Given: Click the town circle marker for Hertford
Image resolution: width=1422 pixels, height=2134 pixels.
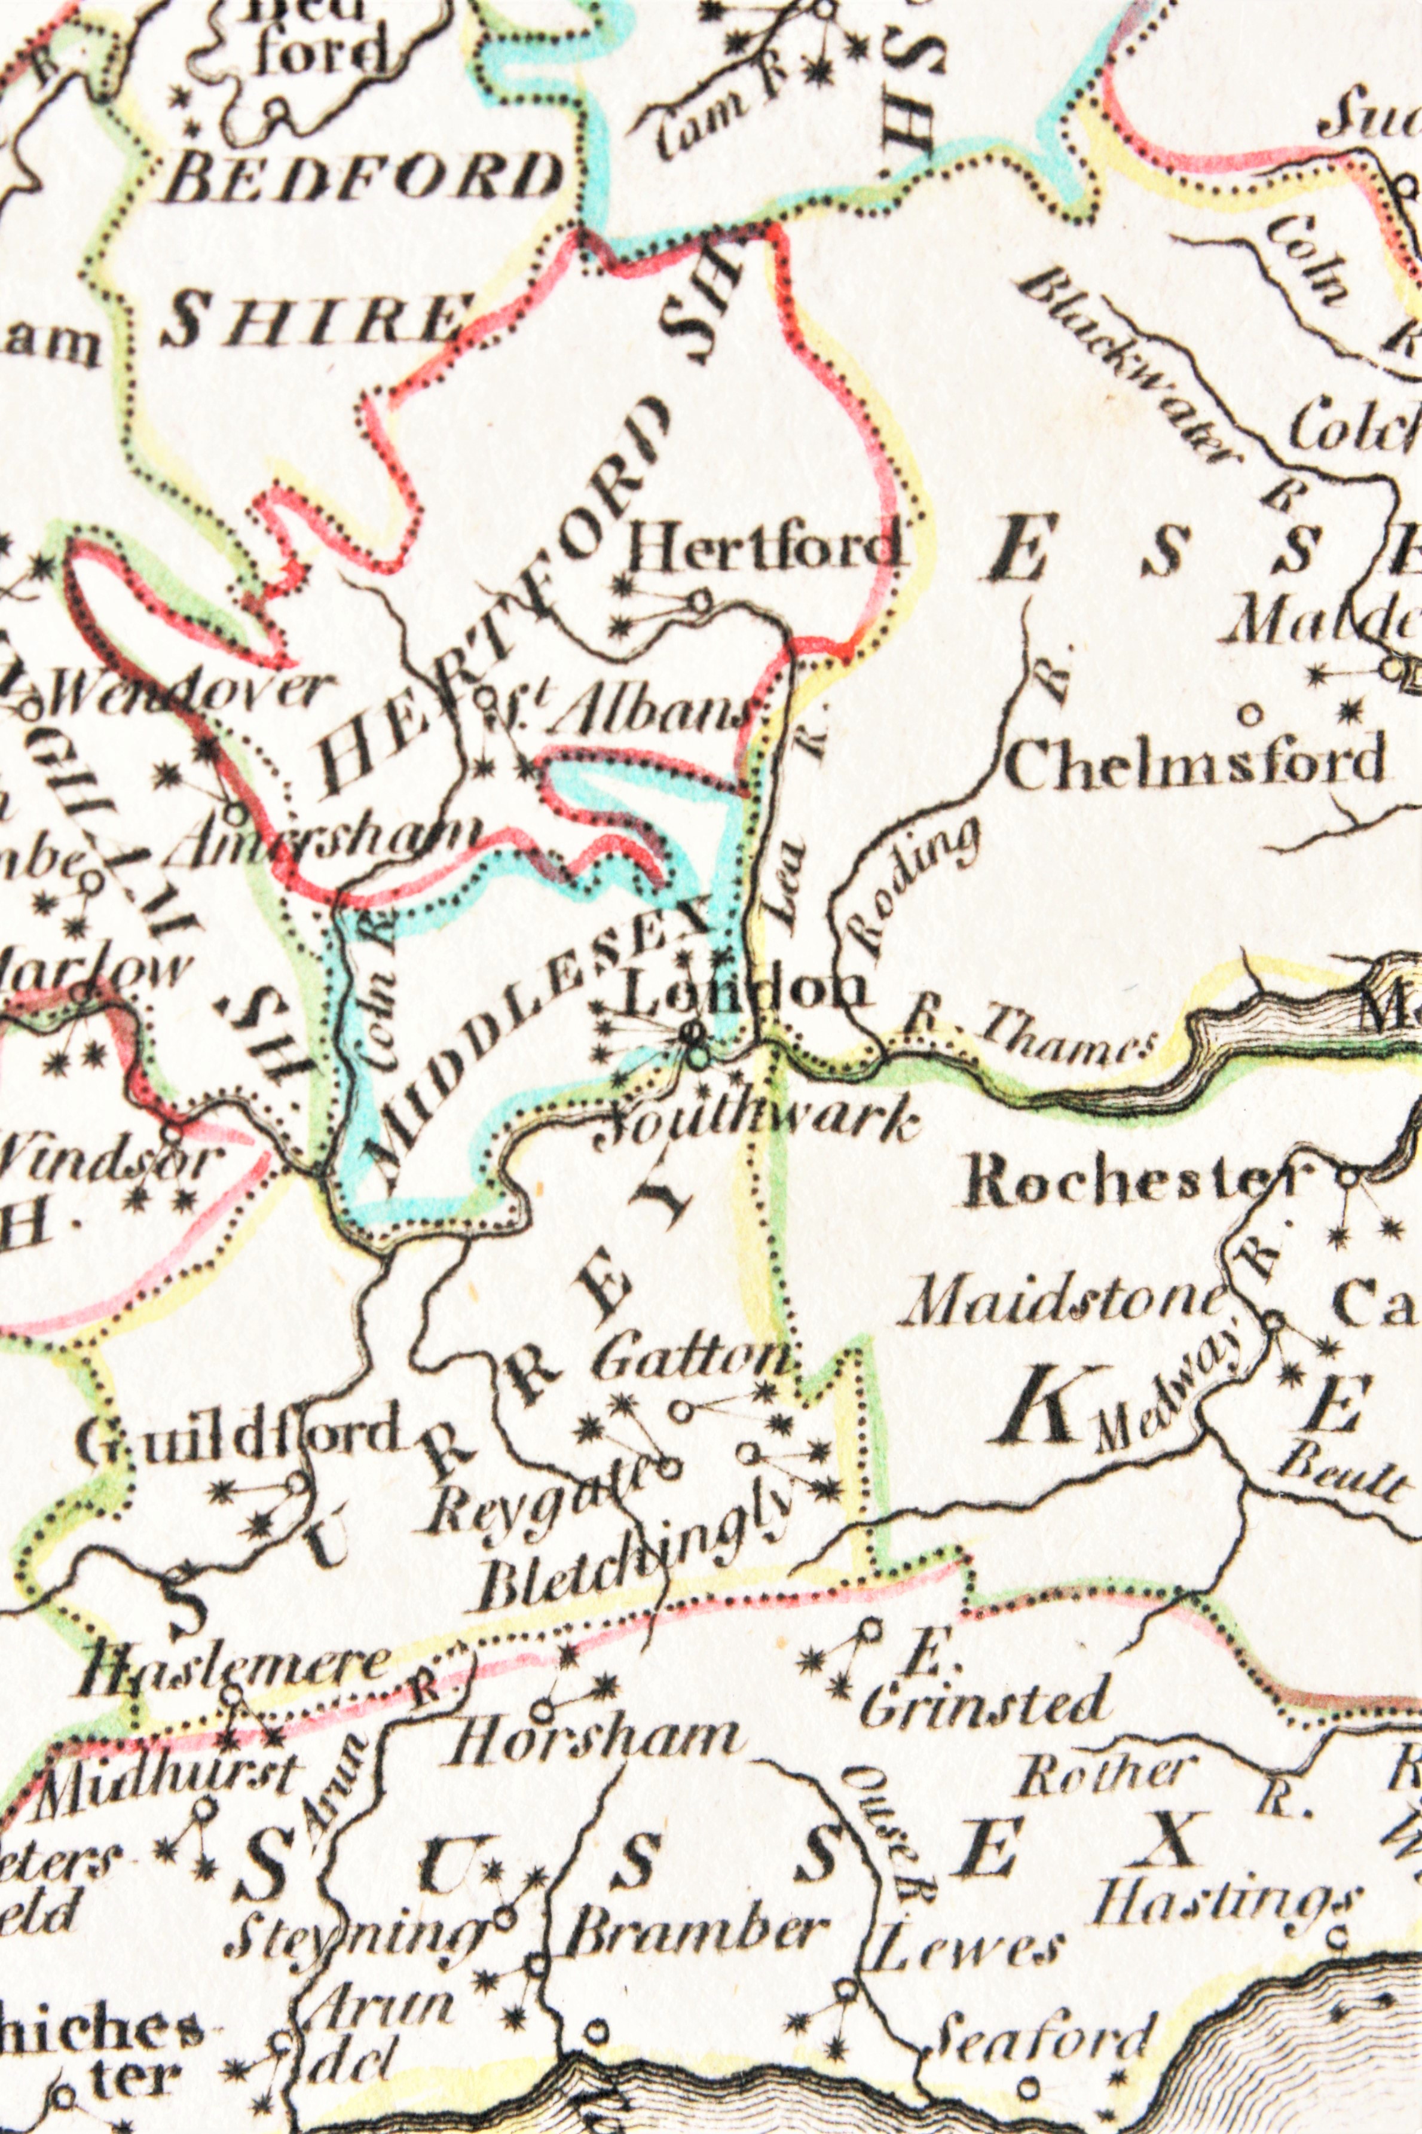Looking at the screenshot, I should pyautogui.click(x=699, y=600).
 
